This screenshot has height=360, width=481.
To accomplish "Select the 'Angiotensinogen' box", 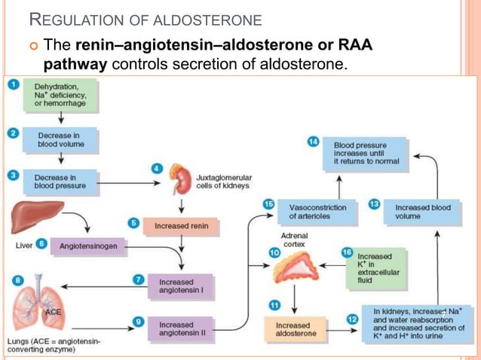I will click(89, 246).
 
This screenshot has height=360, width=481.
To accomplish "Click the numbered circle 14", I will click(314, 140).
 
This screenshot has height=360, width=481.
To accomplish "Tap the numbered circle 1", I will click(13, 84).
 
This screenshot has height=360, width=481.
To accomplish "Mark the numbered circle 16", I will click(346, 252).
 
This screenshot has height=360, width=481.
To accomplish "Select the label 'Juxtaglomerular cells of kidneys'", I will click(224, 181).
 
